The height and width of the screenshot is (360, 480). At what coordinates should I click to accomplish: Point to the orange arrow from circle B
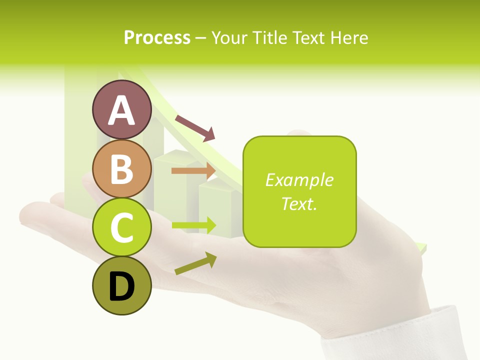click(193, 170)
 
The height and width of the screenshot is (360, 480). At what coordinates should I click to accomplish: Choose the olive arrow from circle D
click(195, 263)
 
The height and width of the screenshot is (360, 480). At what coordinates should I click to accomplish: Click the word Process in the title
click(157, 37)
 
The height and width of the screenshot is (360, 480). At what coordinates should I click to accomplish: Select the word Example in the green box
click(299, 180)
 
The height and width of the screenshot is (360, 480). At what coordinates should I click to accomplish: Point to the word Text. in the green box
click(299, 203)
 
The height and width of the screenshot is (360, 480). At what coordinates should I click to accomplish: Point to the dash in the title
click(201, 38)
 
